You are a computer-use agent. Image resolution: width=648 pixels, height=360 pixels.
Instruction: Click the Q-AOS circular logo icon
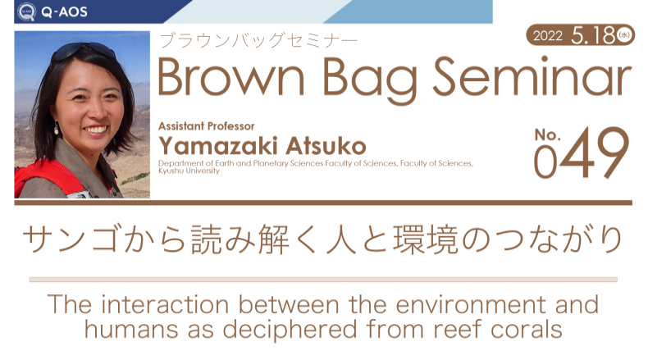tap(26, 11)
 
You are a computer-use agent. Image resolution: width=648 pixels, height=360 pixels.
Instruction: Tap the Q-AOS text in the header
tap(64, 11)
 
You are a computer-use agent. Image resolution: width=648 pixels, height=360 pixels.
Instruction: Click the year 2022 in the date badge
tap(548, 36)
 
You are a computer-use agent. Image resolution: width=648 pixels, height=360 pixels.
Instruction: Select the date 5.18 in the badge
tap(593, 35)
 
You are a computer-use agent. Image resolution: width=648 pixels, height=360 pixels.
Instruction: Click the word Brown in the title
tap(231, 77)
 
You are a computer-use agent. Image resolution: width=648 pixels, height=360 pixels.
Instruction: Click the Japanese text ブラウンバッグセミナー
tap(258, 40)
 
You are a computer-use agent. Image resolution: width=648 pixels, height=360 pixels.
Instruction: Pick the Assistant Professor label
tap(206, 126)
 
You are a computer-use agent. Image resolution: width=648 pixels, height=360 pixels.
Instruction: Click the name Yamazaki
tap(218, 146)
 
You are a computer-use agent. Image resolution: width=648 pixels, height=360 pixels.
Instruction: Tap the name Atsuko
tap(326, 146)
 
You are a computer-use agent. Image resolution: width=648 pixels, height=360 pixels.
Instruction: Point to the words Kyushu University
tap(189, 171)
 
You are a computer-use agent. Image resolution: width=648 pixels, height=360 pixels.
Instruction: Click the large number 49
tap(595, 153)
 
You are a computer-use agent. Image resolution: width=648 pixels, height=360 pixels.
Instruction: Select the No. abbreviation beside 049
tap(547, 134)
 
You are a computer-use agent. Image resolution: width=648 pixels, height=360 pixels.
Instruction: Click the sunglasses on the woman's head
tap(84, 51)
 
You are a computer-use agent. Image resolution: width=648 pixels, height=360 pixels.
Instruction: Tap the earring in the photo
tap(57, 130)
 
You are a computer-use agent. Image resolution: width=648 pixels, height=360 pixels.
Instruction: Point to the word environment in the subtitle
tap(470, 304)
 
